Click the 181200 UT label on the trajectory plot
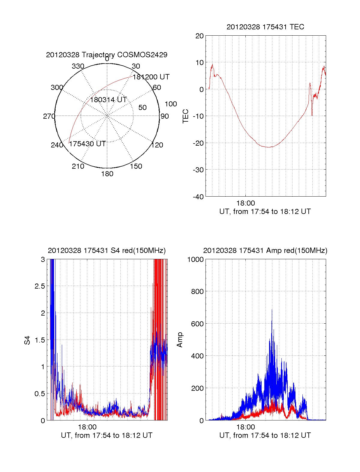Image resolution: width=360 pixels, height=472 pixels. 151,77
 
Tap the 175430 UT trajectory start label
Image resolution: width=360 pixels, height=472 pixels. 87,144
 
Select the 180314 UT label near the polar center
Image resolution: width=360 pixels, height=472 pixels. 108,100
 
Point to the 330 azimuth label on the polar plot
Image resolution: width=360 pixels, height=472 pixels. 78,66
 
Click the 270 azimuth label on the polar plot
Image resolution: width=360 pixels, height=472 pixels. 49,116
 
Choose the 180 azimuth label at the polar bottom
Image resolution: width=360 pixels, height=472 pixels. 107,174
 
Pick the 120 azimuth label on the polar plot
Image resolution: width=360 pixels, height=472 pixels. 157,145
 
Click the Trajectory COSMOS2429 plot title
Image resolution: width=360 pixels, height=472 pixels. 106,55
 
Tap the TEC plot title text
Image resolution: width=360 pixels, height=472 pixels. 265,27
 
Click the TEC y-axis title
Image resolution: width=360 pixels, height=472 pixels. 186,116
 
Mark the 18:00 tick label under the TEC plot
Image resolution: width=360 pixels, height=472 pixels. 245,203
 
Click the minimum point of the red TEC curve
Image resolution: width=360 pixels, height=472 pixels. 269,147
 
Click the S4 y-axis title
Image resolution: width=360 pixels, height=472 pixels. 27,340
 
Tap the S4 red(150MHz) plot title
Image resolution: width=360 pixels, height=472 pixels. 106,251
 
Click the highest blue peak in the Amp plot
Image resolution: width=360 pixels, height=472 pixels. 272,310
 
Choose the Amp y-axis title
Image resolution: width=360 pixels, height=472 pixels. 180,340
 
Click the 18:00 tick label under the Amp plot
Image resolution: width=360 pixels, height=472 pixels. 245,427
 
